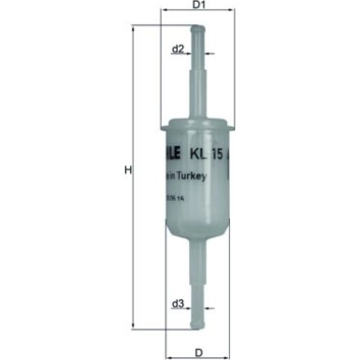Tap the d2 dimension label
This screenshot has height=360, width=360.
click(178, 50)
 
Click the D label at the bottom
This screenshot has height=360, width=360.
click(198, 352)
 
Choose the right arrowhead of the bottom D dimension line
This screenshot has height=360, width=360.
click(227, 341)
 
